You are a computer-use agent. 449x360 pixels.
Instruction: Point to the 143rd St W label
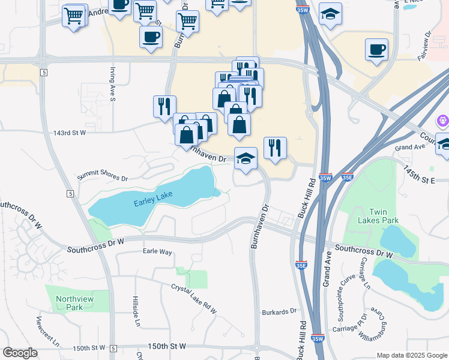pos(70,133)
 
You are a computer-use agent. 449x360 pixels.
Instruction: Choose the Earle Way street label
pos(157,251)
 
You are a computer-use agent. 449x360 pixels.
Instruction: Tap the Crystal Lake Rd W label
pos(193,298)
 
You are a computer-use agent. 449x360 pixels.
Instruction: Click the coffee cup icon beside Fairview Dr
pos(376,50)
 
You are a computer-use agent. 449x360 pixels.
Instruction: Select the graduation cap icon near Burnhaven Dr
pos(246,159)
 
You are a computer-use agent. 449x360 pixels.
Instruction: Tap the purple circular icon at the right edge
pos(443,121)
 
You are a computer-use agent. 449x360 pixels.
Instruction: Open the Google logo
pos(20,353)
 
